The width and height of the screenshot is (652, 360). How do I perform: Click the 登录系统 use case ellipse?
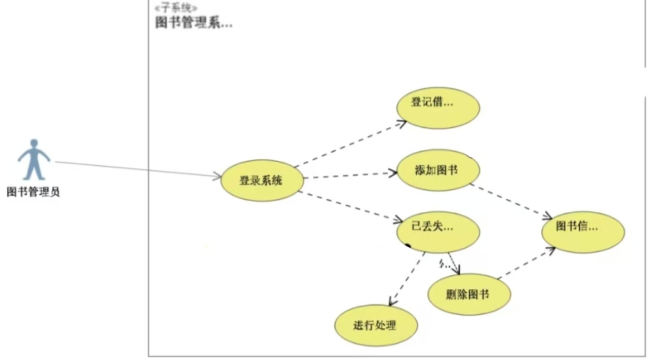coord(261,180)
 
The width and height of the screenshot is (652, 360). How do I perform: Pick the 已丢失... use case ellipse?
coord(437,231)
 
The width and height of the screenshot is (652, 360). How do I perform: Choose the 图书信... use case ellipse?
coord(583,231)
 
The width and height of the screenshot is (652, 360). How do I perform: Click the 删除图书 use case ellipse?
coord(469,294)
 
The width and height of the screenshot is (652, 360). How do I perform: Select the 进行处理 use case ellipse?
coord(376,326)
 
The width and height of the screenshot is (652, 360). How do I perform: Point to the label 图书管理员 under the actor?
coord(33,191)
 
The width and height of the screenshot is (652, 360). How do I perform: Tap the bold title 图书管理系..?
coord(194,23)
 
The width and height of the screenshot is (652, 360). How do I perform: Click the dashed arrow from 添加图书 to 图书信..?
coord(509,200)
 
